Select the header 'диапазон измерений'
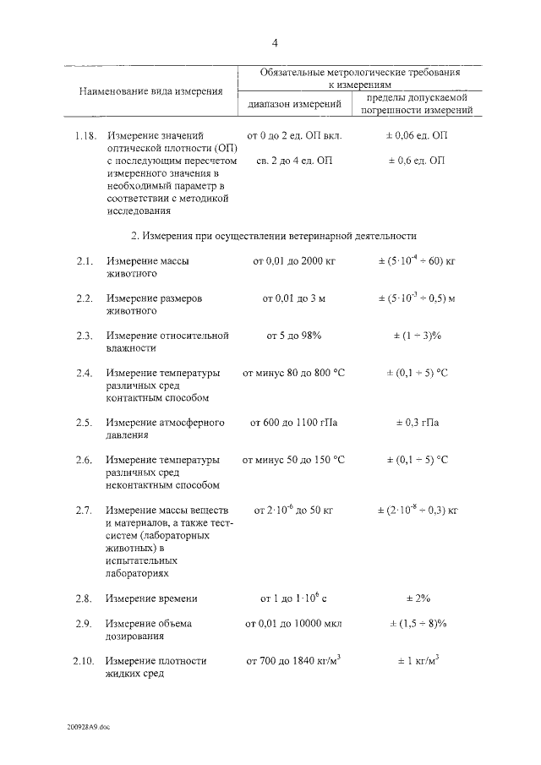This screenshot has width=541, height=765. click(x=294, y=105)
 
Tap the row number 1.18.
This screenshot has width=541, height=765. click(x=85, y=135)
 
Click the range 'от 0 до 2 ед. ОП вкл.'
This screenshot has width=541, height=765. click(x=294, y=135)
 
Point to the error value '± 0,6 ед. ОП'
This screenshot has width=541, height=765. click(x=417, y=160)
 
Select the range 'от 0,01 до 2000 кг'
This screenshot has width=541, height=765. click(x=294, y=262)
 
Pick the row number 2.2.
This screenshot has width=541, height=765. click(x=83, y=299)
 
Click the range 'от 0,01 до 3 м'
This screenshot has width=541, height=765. click(x=294, y=299)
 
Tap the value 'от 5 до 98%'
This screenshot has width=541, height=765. click(x=294, y=336)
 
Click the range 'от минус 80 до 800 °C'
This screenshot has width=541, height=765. click(x=294, y=373)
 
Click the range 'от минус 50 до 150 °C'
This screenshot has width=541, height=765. click(x=294, y=460)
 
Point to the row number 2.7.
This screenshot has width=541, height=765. click(x=83, y=511)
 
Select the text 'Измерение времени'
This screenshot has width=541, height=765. click(x=152, y=598)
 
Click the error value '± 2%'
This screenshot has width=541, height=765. click(x=417, y=598)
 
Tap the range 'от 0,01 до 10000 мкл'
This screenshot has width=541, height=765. click(x=294, y=624)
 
